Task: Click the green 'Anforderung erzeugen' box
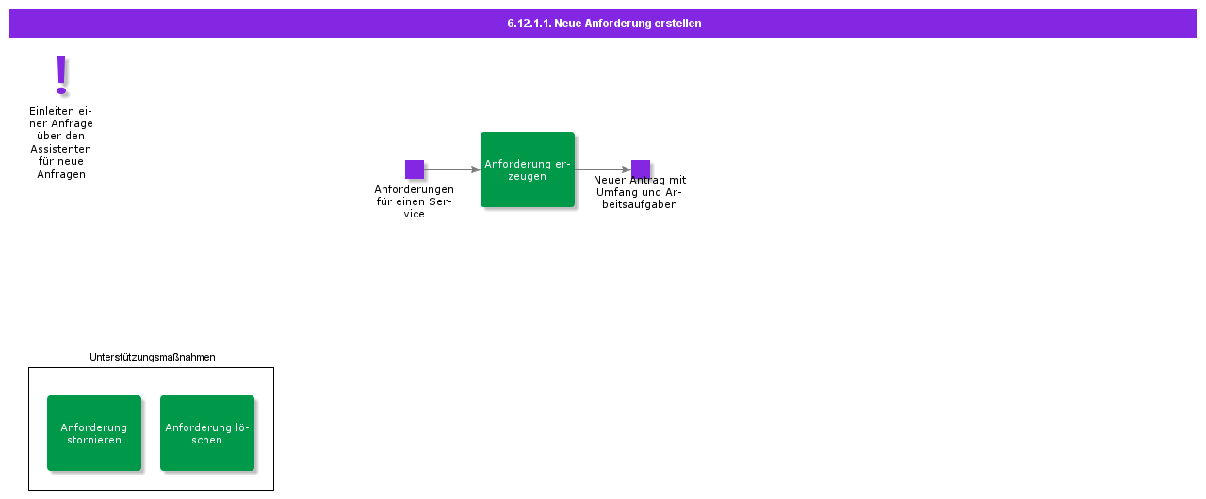click(x=528, y=169)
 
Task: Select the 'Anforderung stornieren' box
click(x=94, y=433)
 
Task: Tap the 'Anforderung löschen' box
click(x=207, y=433)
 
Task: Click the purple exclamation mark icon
click(x=61, y=76)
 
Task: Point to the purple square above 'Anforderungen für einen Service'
click(x=415, y=169)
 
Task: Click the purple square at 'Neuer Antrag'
click(x=641, y=169)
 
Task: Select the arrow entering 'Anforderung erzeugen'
click(x=452, y=169)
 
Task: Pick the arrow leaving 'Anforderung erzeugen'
click(x=603, y=169)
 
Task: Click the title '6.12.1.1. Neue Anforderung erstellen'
click(x=604, y=24)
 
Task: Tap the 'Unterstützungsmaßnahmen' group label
click(x=153, y=357)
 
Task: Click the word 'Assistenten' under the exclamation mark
click(x=61, y=149)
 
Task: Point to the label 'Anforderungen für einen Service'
click(x=414, y=201)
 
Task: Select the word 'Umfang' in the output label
click(x=613, y=192)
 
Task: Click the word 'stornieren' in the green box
click(x=94, y=440)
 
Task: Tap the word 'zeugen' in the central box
click(x=527, y=176)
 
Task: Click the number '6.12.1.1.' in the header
click(x=530, y=24)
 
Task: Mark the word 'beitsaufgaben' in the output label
click(x=640, y=205)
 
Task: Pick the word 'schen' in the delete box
click(x=206, y=440)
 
